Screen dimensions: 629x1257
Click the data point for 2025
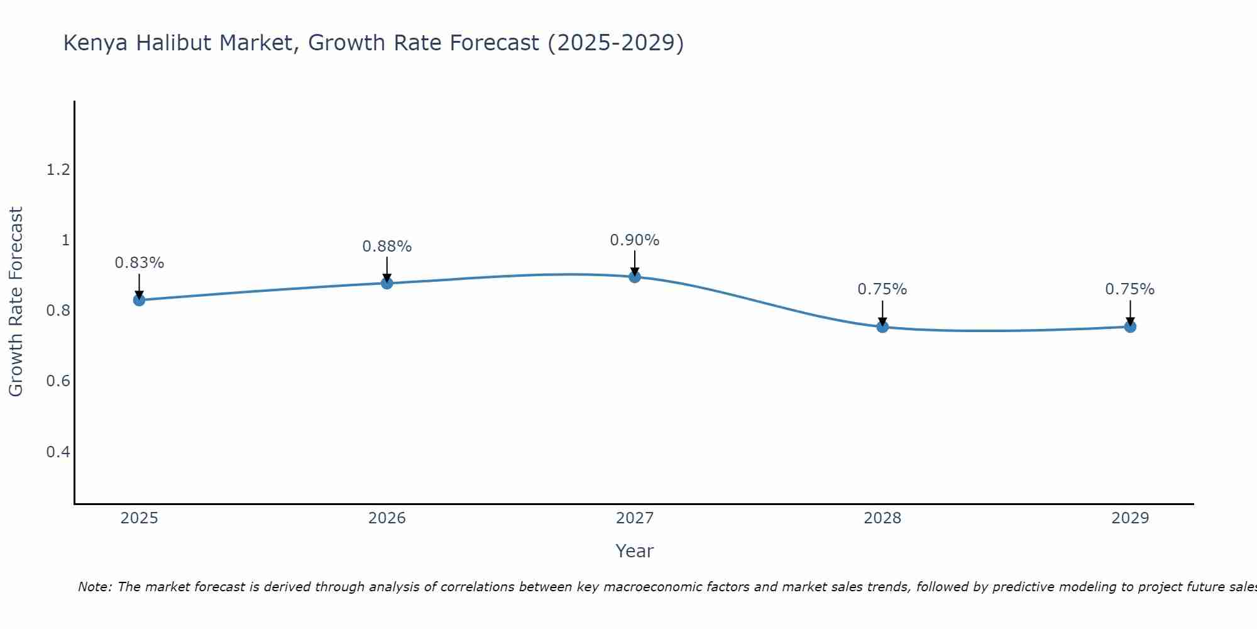(139, 300)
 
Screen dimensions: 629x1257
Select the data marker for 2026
(387, 283)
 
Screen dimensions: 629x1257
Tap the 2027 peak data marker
(635, 277)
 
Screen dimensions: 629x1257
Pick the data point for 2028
(882, 326)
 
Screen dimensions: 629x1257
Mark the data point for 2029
(1130, 326)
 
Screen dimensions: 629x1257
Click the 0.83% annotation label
(139, 263)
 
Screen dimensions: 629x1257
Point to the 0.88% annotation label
(387, 247)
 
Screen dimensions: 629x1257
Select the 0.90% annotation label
(635, 240)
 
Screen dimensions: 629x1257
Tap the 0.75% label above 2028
(882, 289)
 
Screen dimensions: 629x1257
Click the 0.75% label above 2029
(1130, 289)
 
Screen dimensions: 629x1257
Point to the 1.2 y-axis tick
(58, 170)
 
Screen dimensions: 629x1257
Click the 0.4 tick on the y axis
(58, 452)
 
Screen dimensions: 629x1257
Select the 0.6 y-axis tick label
(58, 382)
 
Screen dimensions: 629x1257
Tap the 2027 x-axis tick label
(635, 518)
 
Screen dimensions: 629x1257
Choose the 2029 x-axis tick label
(1130, 518)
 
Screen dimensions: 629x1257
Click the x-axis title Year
(635, 551)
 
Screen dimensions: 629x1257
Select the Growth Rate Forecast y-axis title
(16, 302)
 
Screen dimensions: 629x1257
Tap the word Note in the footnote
(94, 587)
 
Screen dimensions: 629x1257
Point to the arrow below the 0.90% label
(635, 263)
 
